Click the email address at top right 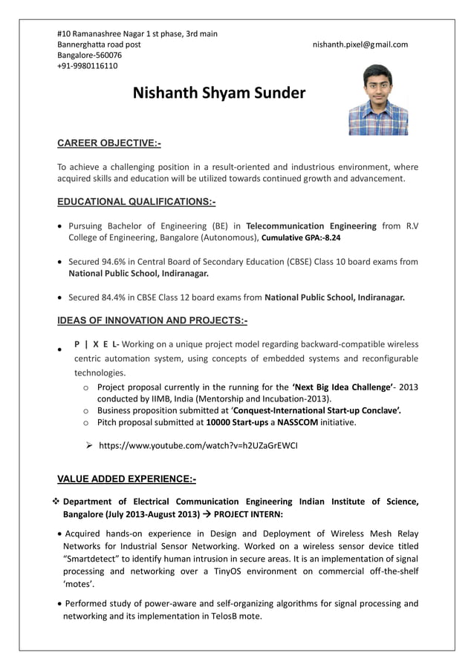[x=360, y=45]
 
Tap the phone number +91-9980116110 [x=87, y=66]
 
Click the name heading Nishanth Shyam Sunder [x=218, y=93]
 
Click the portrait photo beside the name [x=378, y=99]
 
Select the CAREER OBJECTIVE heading [x=109, y=142]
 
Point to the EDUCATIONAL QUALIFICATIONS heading [x=136, y=202]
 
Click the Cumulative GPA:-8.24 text [x=302, y=238]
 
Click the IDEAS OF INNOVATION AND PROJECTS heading [x=152, y=321]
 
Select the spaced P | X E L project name [x=96, y=344]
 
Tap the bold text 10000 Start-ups [x=237, y=422]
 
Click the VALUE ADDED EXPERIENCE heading [x=126, y=479]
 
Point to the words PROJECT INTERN [x=248, y=513]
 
